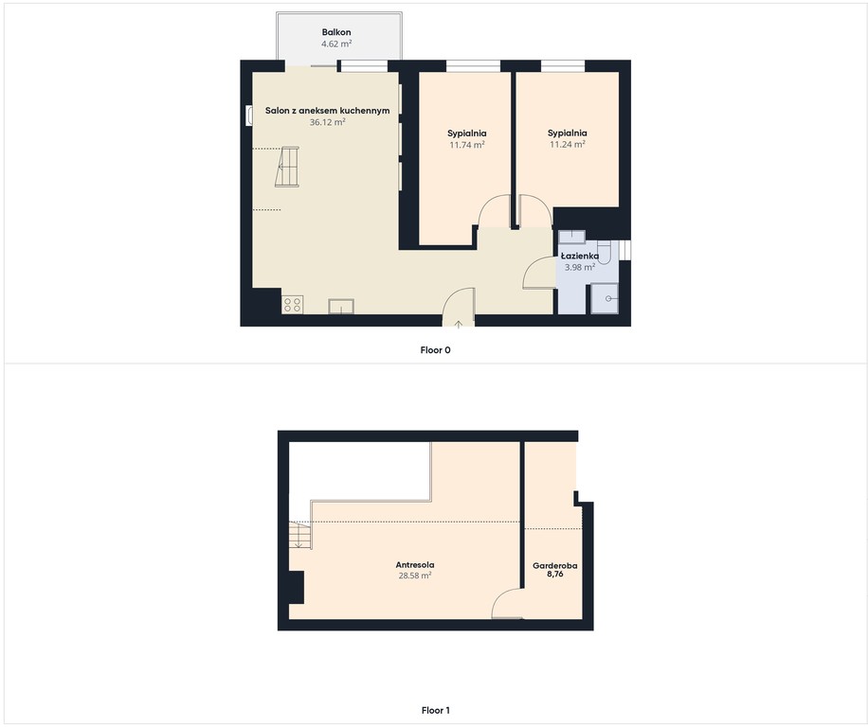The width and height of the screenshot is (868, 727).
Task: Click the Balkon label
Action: (x=336, y=32)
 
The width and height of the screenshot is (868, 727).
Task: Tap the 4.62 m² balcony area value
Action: (x=336, y=44)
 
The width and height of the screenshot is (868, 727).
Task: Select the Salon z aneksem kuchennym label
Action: (x=327, y=111)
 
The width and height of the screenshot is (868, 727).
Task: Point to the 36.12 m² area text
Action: (x=327, y=122)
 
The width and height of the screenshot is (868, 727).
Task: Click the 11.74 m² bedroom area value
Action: (x=466, y=145)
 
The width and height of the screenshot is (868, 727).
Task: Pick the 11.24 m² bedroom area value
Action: (x=568, y=144)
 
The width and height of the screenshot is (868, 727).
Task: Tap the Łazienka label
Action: (x=580, y=256)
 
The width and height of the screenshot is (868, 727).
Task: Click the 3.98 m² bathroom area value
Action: (x=580, y=267)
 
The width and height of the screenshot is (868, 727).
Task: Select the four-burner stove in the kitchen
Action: (x=292, y=305)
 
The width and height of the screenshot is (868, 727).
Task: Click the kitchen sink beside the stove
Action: (x=341, y=307)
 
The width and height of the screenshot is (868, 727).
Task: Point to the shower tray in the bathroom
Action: (x=605, y=298)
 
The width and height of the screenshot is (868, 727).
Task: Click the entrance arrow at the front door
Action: (x=459, y=324)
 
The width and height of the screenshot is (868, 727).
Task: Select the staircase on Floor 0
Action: (x=287, y=167)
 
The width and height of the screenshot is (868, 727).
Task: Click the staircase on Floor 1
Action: (x=299, y=535)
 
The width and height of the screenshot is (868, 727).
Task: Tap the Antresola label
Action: (x=415, y=564)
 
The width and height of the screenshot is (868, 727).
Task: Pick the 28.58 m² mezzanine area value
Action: (x=415, y=576)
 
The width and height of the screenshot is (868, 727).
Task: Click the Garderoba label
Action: (x=554, y=565)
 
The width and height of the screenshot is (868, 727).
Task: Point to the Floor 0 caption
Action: (x=435, y=350)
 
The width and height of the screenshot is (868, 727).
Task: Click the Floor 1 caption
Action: (x=435, y=710)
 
